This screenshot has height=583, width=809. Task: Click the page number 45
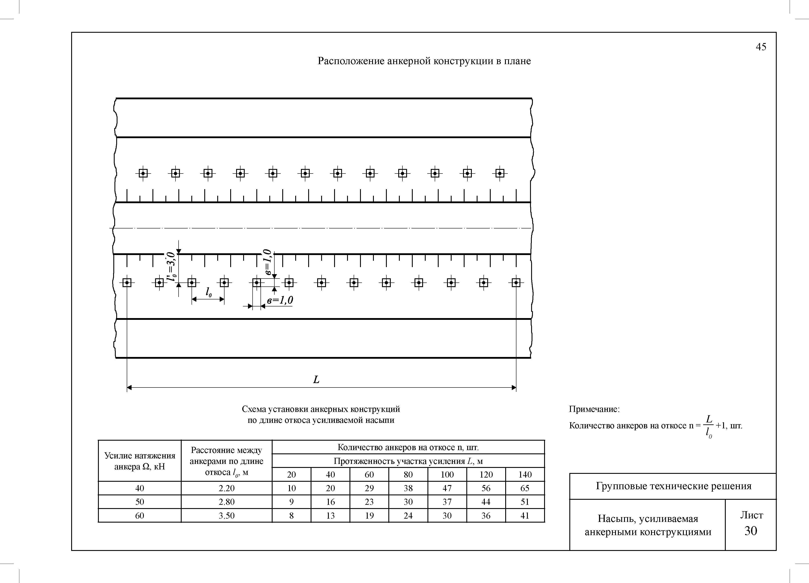coord(761,47)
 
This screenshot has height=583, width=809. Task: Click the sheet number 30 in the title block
coord(751,531)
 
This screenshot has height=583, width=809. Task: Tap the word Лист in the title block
coord(752,515)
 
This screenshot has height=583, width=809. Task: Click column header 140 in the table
coord(525,474)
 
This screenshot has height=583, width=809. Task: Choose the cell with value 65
coord(525,488)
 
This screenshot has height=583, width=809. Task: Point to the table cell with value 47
coord(447,488)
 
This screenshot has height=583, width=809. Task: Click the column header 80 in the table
coord(408,474)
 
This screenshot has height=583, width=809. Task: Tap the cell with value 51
coord(525,502)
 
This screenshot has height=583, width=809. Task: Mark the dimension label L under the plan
coord(316,380)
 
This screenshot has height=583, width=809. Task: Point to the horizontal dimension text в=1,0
coord(280,301)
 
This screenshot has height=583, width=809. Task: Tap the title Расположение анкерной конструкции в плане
coord(424,61)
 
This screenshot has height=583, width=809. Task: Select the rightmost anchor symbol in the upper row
coord(500,173)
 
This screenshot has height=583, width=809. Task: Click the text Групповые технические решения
coord(673,486)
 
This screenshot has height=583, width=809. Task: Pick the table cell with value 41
coord(525,516)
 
